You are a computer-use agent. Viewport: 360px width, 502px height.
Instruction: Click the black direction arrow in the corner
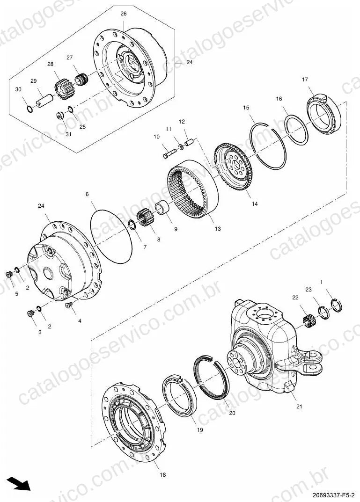point(19,483)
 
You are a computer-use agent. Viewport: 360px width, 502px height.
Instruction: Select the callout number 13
point(218,229)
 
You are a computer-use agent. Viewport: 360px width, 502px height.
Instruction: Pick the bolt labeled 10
point(170,153)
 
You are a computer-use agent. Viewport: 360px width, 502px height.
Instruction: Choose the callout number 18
point(163,475)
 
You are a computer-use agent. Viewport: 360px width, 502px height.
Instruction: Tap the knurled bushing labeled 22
point(309,319)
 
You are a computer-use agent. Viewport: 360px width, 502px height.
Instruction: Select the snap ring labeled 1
point(336,305)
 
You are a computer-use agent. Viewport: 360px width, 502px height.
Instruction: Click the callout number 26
point(123,14)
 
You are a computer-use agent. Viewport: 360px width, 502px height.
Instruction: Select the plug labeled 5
point(10,275)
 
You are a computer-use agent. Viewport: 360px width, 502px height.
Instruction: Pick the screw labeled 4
point(68,305)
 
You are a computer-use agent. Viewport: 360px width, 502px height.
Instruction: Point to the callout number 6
point(87,194)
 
